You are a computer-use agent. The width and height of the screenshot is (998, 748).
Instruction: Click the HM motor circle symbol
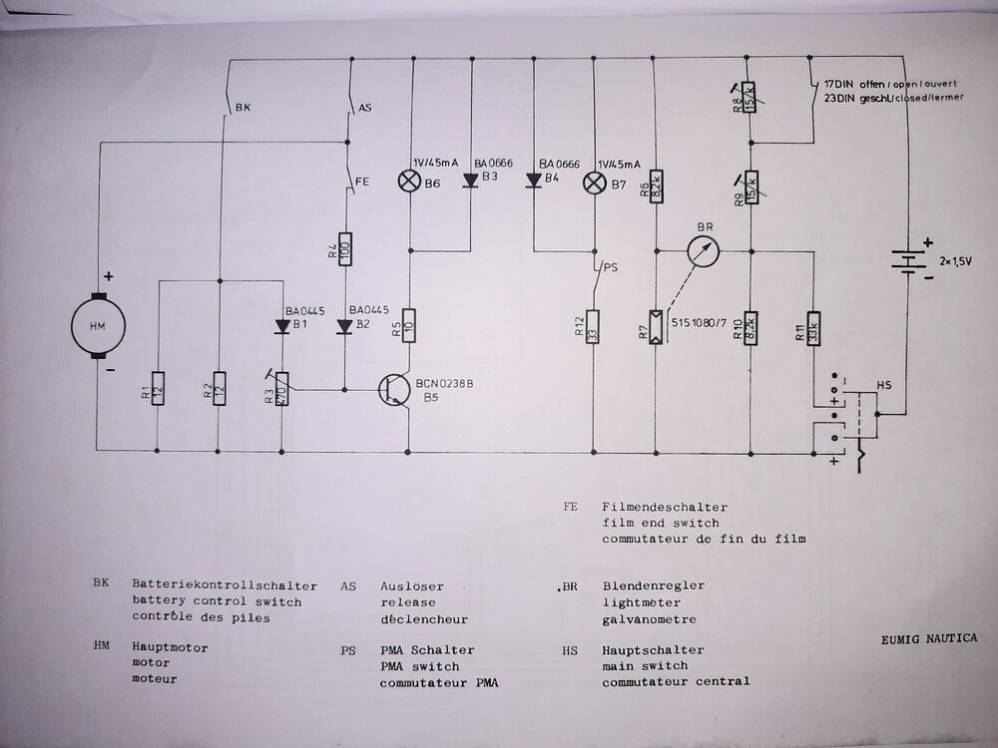click(97, 325)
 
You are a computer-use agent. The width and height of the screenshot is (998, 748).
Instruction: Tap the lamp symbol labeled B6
click(410, 182)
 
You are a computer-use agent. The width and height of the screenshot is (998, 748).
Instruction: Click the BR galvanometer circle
click(705, 251)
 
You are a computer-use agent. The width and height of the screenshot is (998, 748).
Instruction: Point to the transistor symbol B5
click(396, 389)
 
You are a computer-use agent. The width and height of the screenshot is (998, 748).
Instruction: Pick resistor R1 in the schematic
click(158, 388)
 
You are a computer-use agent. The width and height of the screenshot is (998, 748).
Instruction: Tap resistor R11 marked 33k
click(814, 327)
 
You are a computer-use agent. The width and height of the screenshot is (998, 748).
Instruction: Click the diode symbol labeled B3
click(470, 182)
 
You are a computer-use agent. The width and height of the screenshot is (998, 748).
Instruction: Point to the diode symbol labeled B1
click(282, 326)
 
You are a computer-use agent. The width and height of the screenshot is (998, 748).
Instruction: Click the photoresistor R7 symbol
click(654, 327)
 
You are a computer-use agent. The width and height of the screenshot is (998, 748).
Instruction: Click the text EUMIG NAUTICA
click(928, 637)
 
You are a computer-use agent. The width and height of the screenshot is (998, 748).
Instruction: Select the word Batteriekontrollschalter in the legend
click(224, 586)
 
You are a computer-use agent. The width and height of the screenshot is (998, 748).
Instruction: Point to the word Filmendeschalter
click(665, 507)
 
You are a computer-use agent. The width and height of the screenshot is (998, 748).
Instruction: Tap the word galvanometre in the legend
click(649, 619)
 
